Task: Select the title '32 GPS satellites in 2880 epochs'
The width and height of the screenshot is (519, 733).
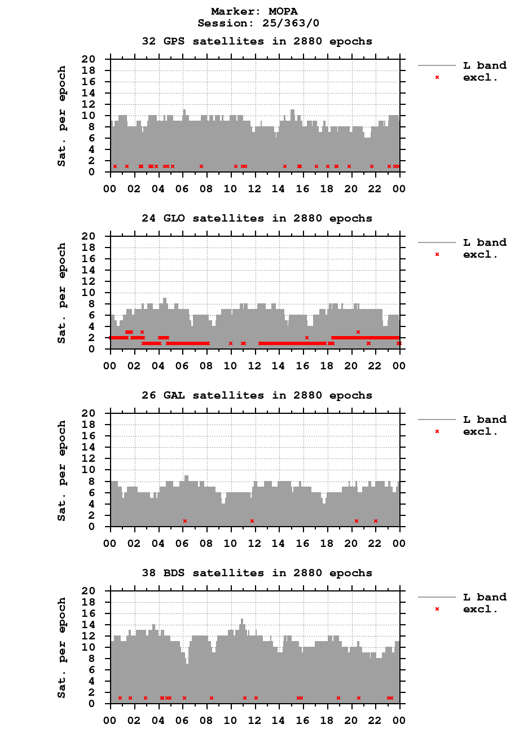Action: pyautogui.click(x=257, y=41)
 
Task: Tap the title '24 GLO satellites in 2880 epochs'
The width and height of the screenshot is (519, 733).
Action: pyautogui.click(x=257, y=218)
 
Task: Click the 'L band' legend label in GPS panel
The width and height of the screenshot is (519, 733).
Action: pyautogui.click(x=485, y=65)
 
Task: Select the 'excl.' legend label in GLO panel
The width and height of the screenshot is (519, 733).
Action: pyautogui.click(x=480, y=254)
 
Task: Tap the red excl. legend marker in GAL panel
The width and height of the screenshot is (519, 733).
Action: pyautogui.click(x=437, y=431)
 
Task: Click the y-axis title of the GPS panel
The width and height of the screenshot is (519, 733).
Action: pyautogui.click(x=61, y=116)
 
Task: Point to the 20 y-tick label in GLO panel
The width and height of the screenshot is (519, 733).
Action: pyautogui.click(x=96, y=236)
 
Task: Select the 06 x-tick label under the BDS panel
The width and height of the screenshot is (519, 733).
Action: pyautogui.click(x=182, y=721)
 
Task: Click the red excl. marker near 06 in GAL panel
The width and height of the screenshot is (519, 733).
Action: pyautogui.click(x=184, y=520)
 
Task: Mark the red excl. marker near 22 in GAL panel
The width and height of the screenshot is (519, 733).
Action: pyautogui.click(x=376, y=520)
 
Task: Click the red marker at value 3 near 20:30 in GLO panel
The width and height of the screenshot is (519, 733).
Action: pyautogui.click(x=358, y=332)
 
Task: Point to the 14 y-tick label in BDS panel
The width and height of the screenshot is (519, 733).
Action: pyautogui.click(x=96, y=624)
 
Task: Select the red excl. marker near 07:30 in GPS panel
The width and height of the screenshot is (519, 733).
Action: pyautogui.click(x=201, y=166)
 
